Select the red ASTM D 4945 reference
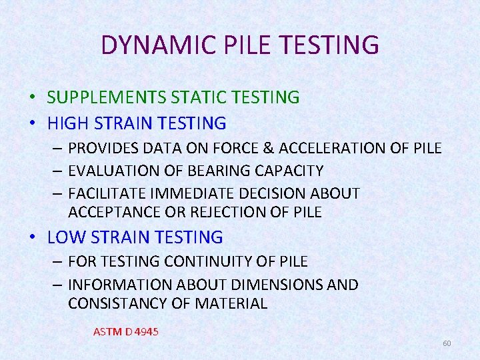(x=126, y=331)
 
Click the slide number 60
(x=447, y=343)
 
